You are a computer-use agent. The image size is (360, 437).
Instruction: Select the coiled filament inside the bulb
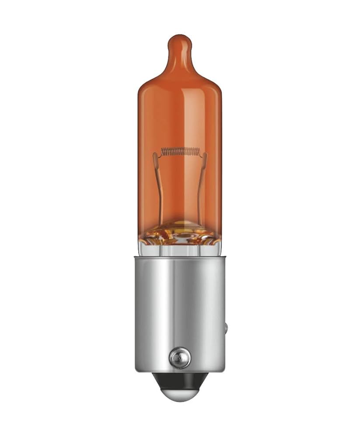[x=180, y=152]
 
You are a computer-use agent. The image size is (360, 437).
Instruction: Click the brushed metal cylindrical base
[x=180, y=306]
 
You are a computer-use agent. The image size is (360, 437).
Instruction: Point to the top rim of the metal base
[x=180, y=259]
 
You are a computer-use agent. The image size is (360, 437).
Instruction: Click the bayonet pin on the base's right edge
[x=227, y=328]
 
